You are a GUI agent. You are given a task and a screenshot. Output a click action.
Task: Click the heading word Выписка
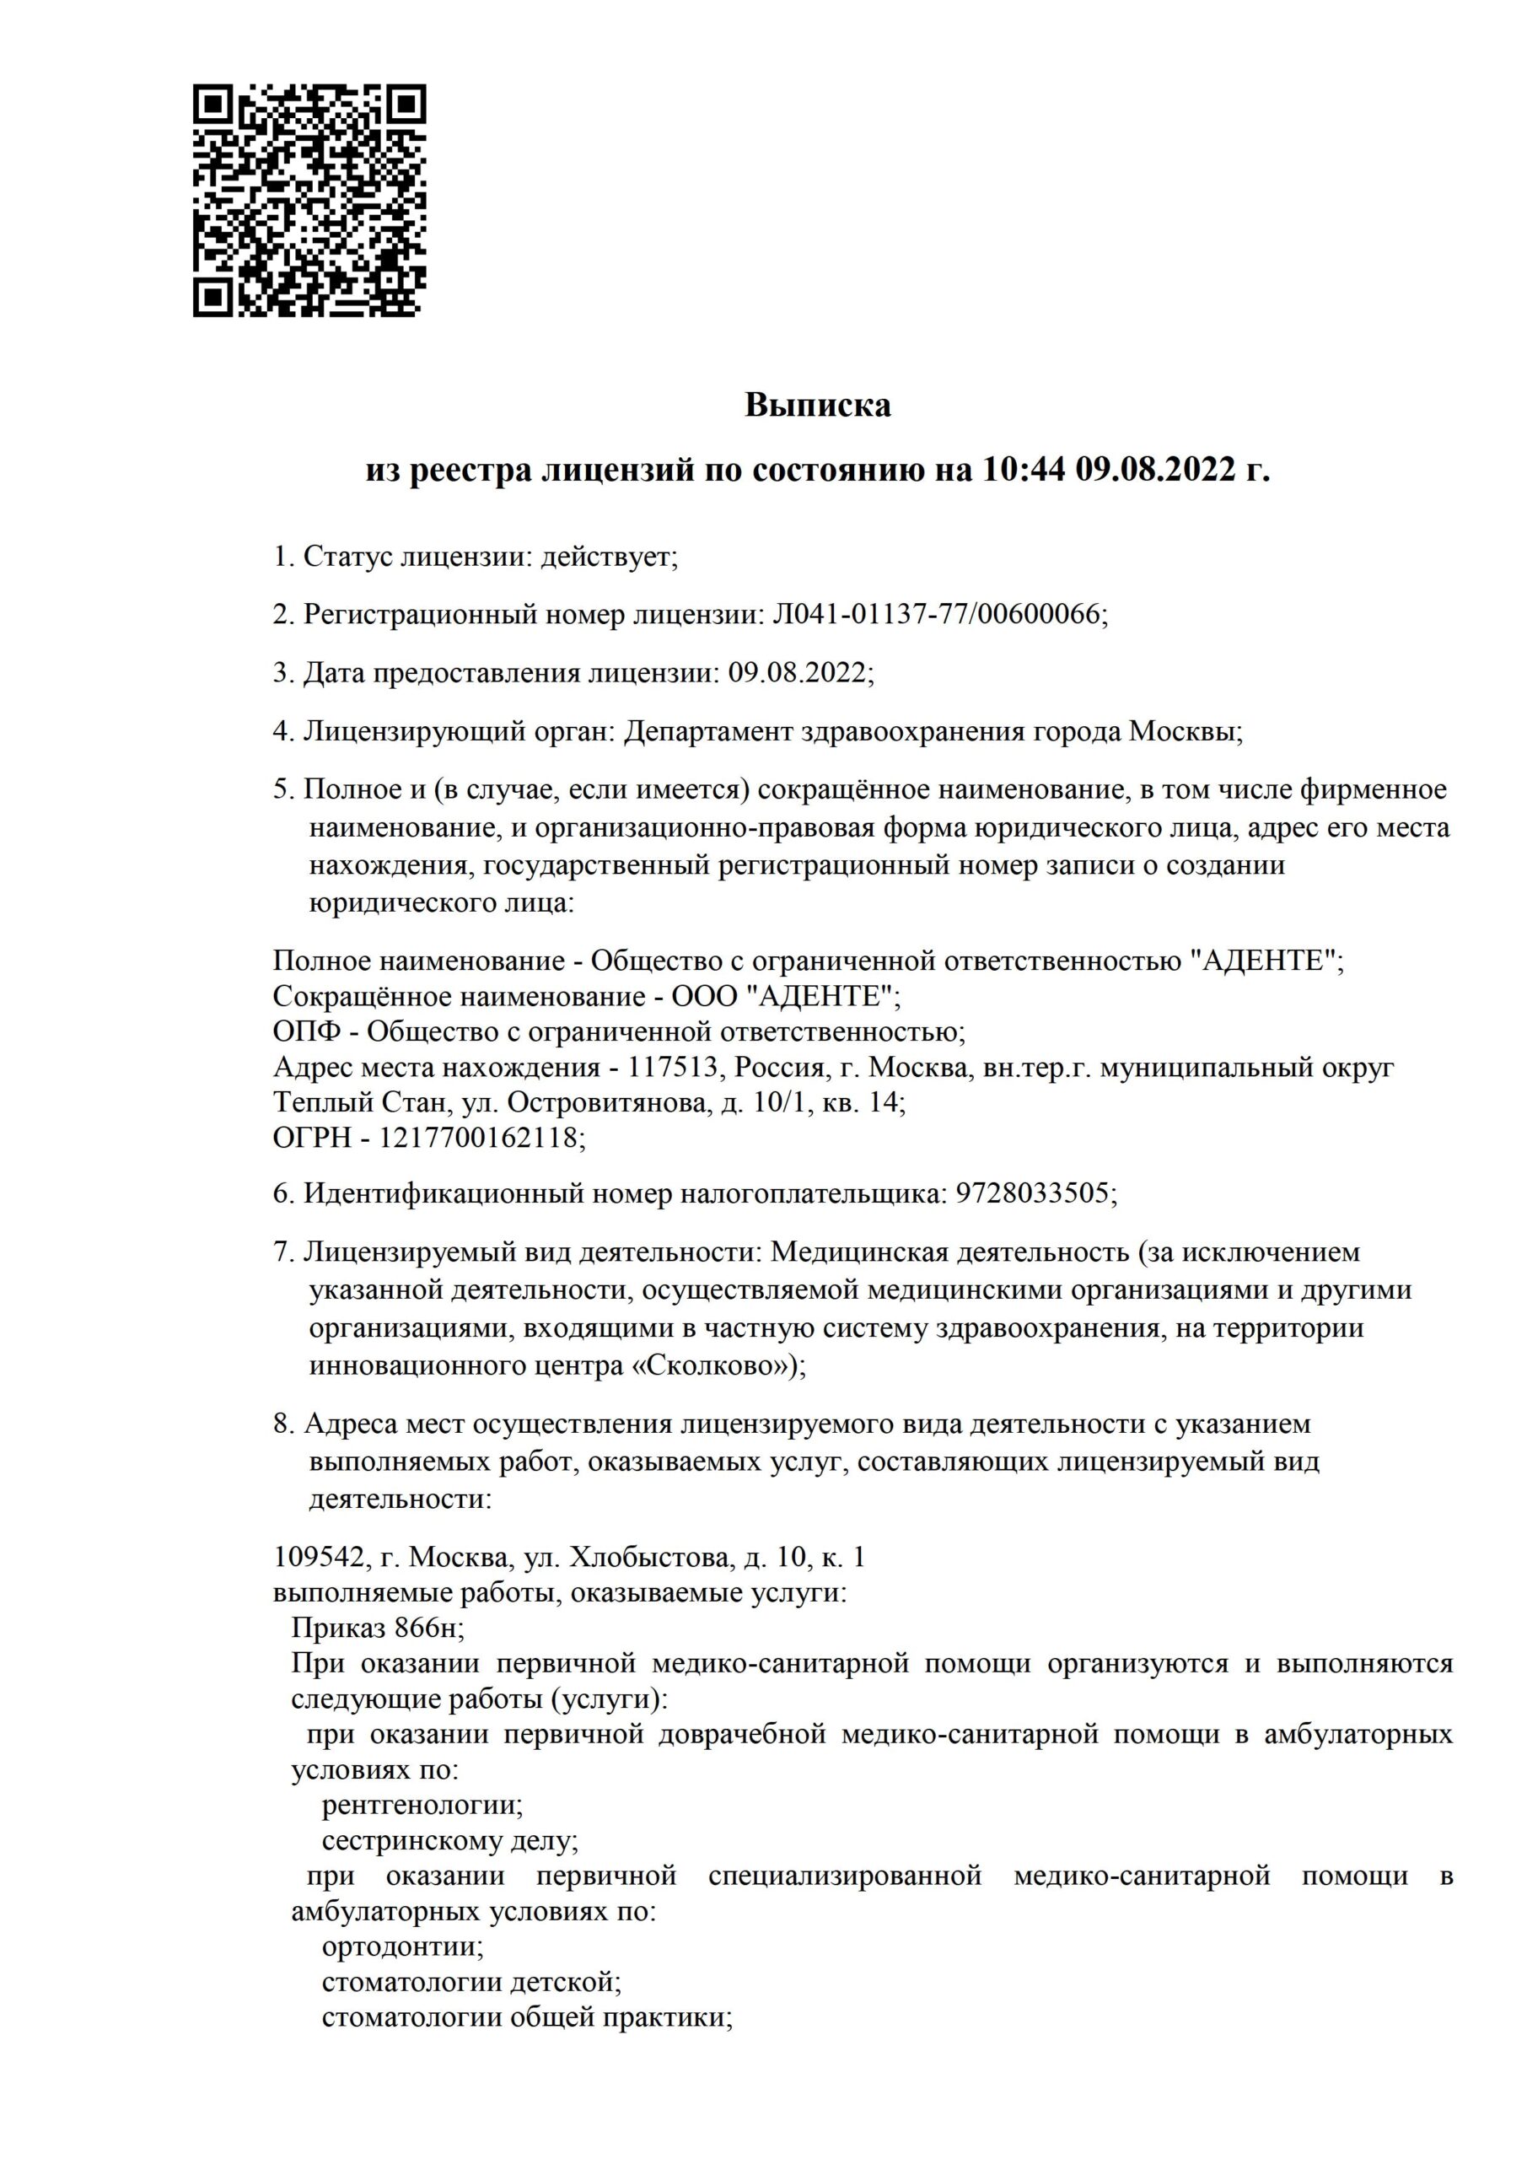817,406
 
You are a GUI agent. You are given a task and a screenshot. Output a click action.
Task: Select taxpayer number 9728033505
1032,1194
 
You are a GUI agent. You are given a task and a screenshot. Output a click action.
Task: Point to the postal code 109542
318,1557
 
